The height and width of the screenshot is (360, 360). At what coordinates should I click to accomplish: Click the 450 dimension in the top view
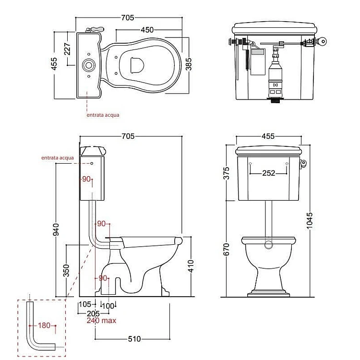147,30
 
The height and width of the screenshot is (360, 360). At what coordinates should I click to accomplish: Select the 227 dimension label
67,48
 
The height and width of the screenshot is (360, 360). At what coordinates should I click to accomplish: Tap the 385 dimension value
188,64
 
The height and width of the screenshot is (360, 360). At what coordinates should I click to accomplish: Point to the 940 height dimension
56,229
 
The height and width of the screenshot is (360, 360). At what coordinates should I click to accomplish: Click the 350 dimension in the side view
66,270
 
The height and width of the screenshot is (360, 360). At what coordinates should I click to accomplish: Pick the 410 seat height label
191,266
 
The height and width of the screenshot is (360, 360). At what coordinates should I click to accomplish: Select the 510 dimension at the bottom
134,339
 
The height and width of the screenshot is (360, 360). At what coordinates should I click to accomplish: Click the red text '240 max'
101,321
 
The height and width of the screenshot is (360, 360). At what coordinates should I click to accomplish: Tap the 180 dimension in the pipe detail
44,325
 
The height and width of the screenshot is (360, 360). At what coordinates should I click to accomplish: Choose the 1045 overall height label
310,221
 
